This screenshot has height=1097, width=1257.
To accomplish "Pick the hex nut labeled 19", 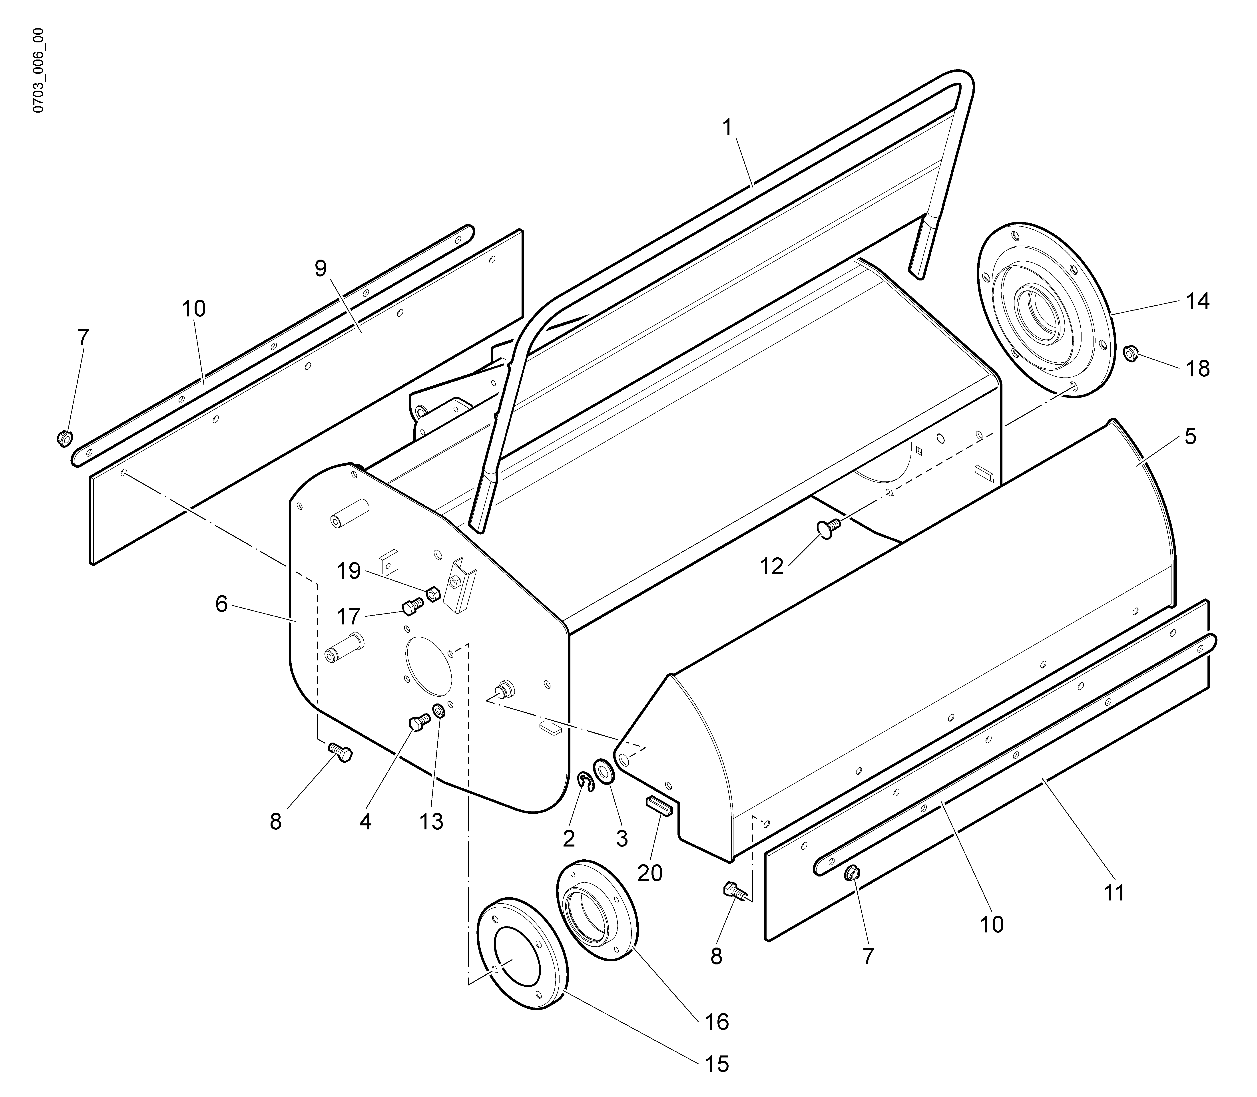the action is click(x=432, y=593).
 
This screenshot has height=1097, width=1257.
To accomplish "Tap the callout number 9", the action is click(x=321, y=269).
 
